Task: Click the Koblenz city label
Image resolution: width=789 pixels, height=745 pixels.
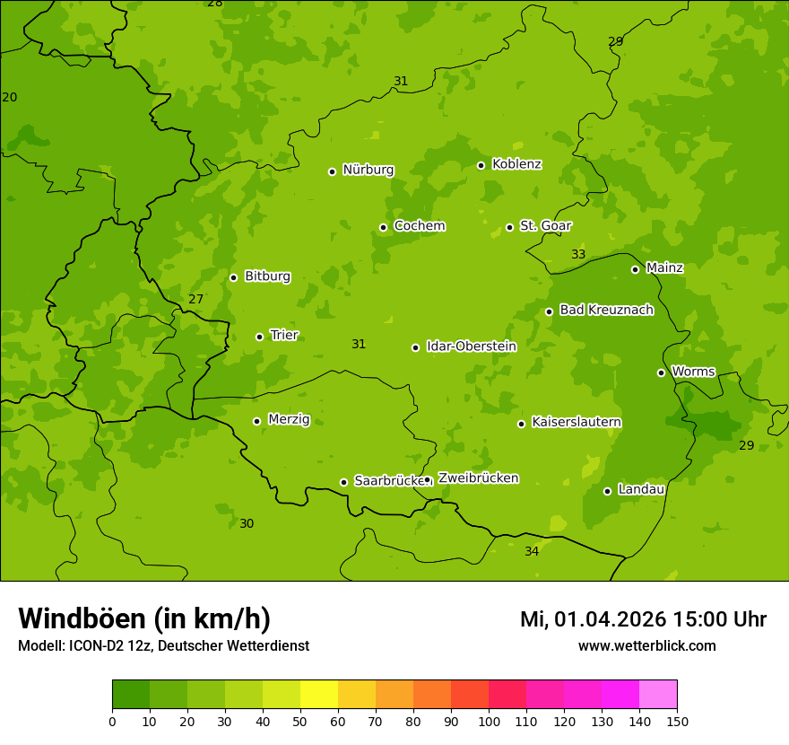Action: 516,164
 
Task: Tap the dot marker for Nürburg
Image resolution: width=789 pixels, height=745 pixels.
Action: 332,171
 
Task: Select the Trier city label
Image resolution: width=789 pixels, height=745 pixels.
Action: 284,336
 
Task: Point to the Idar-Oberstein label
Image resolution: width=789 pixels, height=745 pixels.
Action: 471,346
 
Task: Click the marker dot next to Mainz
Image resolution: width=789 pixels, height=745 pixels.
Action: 635,269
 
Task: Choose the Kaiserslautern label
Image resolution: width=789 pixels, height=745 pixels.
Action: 576,422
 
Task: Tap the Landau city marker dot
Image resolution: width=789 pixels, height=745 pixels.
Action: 607,491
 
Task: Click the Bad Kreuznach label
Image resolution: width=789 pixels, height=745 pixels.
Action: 606,310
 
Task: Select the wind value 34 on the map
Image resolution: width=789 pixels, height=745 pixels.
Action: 532,551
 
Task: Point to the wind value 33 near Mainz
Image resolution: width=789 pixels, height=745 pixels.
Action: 578,255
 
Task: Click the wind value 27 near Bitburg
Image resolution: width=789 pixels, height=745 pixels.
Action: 195,299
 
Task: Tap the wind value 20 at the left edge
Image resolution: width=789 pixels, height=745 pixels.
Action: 10,97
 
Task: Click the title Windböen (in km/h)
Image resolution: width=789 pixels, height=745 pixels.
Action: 144,618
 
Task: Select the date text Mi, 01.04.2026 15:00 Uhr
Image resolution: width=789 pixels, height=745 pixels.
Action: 643,619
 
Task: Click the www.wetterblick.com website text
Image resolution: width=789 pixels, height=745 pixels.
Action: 646,646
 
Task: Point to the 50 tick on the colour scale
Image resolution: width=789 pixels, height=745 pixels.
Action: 300,721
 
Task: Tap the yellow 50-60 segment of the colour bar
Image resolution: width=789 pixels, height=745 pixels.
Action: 319,695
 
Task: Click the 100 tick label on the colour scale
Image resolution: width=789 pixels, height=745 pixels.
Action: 489,721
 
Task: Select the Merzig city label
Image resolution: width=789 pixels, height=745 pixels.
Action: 289,419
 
